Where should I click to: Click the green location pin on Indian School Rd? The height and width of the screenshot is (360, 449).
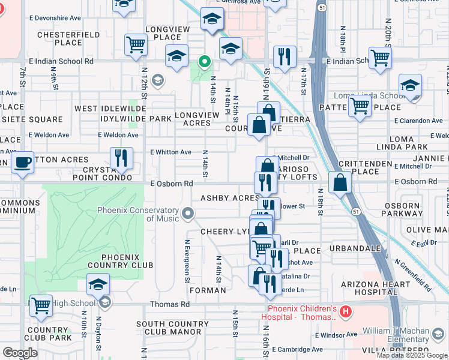(x=204, y=62)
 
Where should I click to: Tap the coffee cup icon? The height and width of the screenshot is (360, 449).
(x=23, y=162)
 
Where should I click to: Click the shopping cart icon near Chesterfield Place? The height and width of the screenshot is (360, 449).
(x=136, y=44)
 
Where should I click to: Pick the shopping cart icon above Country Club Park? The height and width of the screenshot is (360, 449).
(x=41, y=305)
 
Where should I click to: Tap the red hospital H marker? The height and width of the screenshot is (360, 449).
(x=345, y=311)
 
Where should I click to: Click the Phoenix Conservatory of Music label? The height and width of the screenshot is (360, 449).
(x=139, y=214)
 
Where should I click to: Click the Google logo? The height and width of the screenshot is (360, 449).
(x=20, y=353)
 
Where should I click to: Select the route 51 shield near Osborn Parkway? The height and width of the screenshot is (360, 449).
(x=356, y=212)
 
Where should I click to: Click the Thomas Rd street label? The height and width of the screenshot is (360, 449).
(x=170, y=305)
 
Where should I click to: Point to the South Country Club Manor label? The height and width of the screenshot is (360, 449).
(x=169, y=328)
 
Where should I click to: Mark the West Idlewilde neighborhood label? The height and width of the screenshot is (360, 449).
(x=106, y=109)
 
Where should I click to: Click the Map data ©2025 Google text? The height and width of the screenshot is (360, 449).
(x=411, y=355)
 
